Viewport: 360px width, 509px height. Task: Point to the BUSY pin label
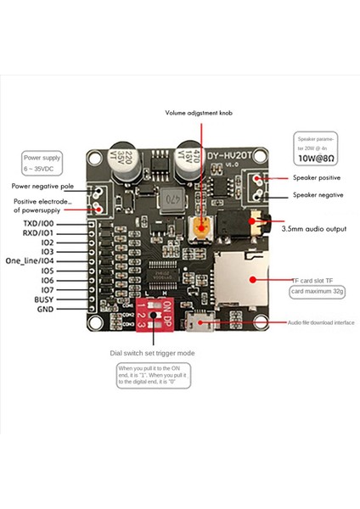(44, 299)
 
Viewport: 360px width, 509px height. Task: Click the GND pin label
(46, 310)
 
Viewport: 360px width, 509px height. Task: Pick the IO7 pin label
(47, 289)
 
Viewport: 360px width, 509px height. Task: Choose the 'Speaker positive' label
(316, 178)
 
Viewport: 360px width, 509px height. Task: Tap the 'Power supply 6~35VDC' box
(43, 161)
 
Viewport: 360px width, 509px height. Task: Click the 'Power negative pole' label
(44, 185)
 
